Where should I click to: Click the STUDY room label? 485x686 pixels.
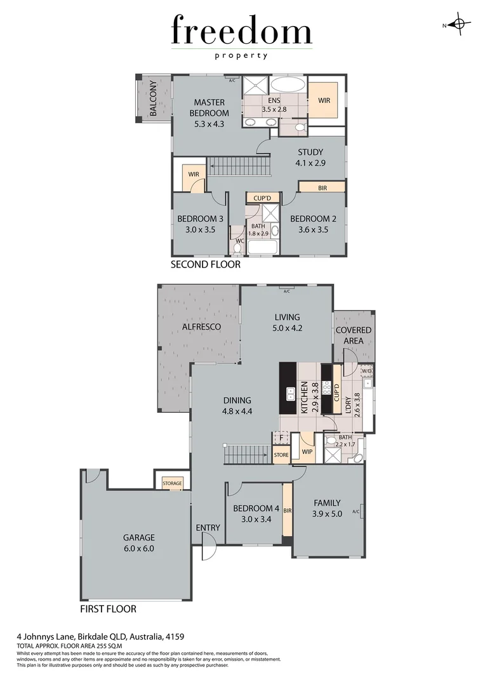[310, 152]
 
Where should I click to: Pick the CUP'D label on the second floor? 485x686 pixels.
[262, 198]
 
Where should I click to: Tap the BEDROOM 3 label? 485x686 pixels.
[199, 219]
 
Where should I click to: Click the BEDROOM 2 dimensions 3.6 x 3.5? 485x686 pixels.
[309, 230]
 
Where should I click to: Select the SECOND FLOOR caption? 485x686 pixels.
[206, 264]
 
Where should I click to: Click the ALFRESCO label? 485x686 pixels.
[201, 326]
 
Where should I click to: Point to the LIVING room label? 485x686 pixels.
[287, 317]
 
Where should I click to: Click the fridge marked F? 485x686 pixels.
[280, 438]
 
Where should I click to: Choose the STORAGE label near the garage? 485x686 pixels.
[172, 483]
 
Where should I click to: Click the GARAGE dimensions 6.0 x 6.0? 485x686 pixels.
[139, 548]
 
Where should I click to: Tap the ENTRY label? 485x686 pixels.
[208, 528]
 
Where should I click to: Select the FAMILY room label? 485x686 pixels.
[328, 502]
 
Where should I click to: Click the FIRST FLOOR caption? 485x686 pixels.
[108, 609]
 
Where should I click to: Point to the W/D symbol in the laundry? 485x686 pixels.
[366, 371]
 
